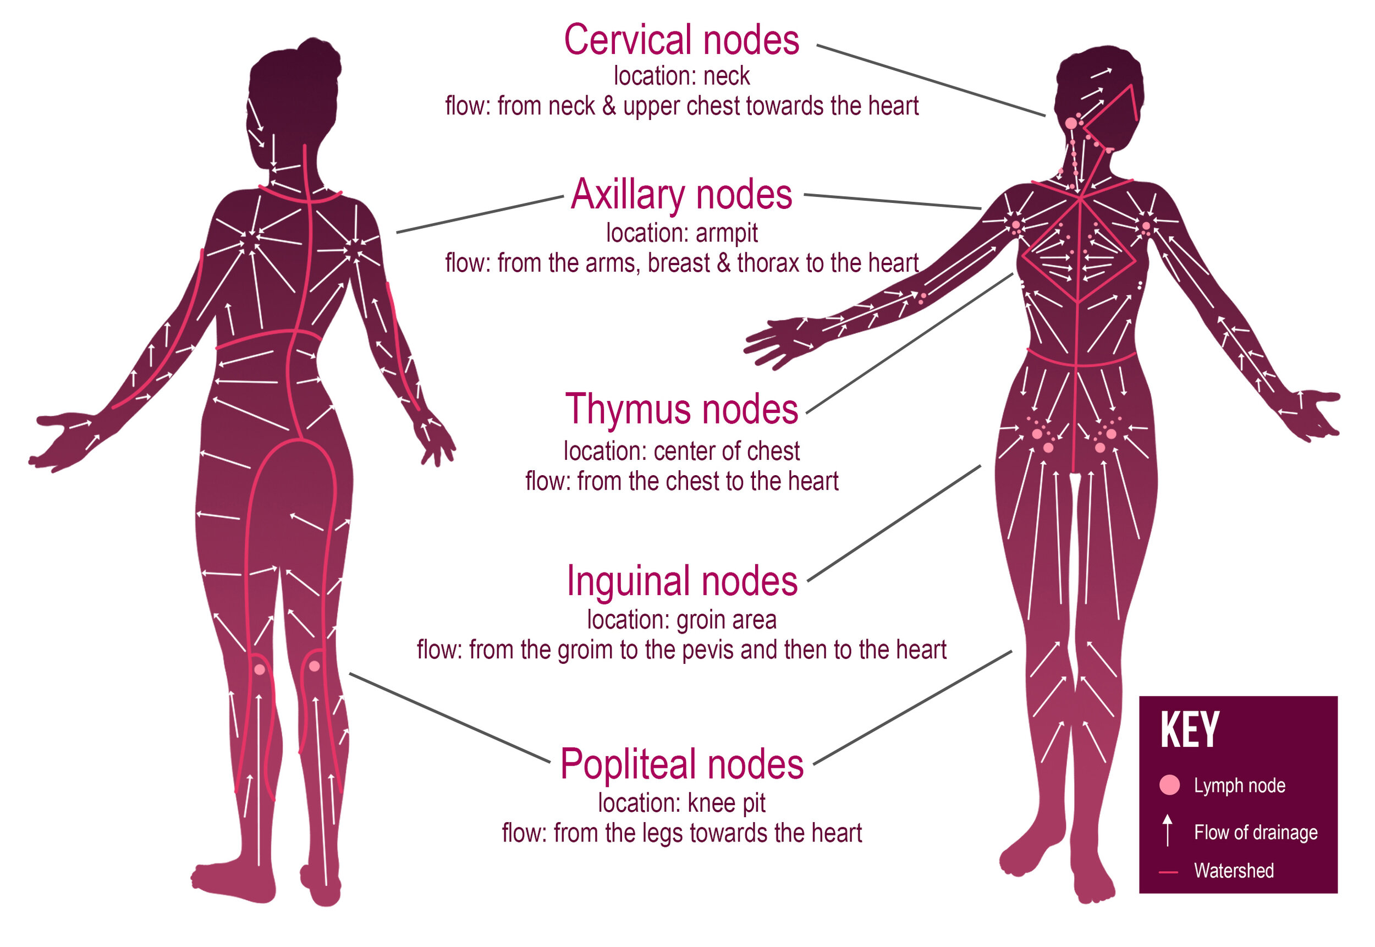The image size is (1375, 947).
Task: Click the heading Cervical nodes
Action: (681, 40)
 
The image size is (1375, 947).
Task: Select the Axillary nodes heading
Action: (681, 195)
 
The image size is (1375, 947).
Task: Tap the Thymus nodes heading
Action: (681, 409)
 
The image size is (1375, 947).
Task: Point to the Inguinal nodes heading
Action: (681, 581)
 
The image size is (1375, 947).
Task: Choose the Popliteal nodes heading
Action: (681, 764)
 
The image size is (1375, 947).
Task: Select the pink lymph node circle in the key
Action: (1169, 785)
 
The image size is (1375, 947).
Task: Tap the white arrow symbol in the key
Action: (1167, 829)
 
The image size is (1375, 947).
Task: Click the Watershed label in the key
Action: (1233, 871)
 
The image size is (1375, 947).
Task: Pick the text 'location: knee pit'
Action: (681, 803)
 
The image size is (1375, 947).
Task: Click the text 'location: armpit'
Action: (681, 233)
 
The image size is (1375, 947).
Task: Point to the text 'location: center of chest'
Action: (681, 451)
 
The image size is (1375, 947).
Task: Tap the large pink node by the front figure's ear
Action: (1070, 123)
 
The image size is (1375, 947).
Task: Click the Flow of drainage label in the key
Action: (1255, 833)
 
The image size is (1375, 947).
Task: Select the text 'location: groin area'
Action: (681, 620)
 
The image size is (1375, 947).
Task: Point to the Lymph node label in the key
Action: (1239, 786)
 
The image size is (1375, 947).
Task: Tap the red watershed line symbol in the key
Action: (1168, 872)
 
